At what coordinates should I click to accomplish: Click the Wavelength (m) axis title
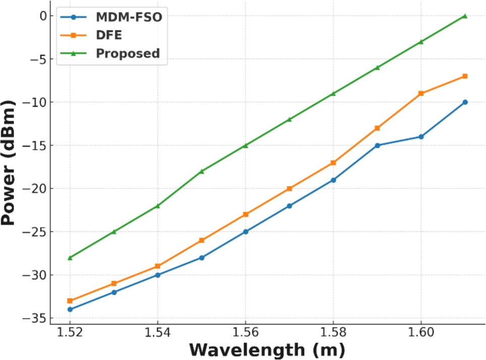pyautogui.click(x=267, y=349)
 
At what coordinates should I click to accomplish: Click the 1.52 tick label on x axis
pyautogui.click(x=70, y=333)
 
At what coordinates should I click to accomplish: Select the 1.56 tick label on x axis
pyautogui.click(x=246, y=333)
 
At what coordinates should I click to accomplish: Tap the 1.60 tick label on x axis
pyautogui.click(x=421, y=333)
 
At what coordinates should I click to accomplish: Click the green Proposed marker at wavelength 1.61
pyautogui.click(x=465, y=16)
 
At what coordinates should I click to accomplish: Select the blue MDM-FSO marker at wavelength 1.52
pyautogui.click(x=70, y=310)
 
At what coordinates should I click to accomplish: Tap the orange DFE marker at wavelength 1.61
pyautogui.click(x=465, y=76)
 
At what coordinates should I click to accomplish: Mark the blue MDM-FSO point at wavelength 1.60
pyautogui.click(x=421, y=137)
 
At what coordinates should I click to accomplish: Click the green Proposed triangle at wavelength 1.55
pyautogui.click(x=202, y=171)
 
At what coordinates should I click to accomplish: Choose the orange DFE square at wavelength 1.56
pyautogui.click(x=246, y=214)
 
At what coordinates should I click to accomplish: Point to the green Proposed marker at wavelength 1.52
pyautogui.click(x=70, y=258)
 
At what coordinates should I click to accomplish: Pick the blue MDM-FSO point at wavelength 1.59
pyautogui.click(x=377, y=145)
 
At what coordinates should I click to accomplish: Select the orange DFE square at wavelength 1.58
pyautogui.click(x=333, y=162)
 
